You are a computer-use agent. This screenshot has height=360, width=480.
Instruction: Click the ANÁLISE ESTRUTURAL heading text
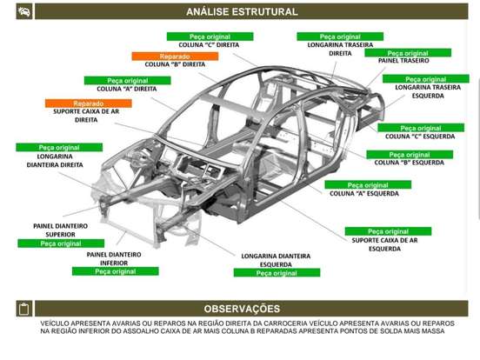point(242,11)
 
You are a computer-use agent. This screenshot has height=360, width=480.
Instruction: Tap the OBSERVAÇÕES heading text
point(242,309)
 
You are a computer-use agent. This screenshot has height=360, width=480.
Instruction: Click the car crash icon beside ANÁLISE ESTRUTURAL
point(23,11)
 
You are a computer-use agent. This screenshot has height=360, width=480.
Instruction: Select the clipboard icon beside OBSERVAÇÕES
point(23,309)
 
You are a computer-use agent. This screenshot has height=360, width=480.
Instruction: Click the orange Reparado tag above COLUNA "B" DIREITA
point(175,57)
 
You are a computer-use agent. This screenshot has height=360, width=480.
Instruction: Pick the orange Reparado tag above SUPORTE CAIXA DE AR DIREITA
point(89,103)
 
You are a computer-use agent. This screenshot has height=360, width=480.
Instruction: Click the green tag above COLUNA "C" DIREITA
point(210,37)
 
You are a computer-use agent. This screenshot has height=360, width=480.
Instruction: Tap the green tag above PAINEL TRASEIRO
point(408,53)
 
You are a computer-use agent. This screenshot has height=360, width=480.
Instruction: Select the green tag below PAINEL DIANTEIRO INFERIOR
point(116,271)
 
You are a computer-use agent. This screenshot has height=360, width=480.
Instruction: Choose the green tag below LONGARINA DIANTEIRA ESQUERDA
point(277,273)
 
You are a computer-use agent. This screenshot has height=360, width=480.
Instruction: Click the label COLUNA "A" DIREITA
point(127,89)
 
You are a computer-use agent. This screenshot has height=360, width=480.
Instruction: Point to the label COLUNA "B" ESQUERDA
point(410,163)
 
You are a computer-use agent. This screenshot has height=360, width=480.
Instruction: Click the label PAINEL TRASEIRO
point(403,61)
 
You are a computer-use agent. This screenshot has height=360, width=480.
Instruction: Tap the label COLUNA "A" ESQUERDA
point(364,193)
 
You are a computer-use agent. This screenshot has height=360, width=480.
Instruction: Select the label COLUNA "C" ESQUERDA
point(420,137)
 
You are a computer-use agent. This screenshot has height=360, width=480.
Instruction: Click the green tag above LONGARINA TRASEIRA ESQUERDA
point(426,79)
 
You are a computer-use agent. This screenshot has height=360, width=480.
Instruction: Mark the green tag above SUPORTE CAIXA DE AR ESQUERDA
point(388,231)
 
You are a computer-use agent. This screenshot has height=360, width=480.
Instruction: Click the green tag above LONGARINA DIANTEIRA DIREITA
point(59,148)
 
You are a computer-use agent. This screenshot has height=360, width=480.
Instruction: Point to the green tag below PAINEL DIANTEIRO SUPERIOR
point(61,243)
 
